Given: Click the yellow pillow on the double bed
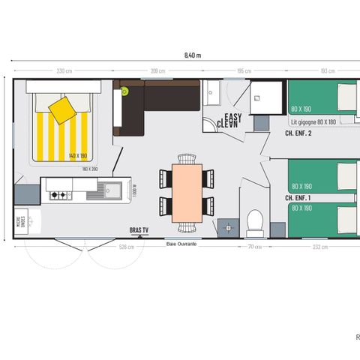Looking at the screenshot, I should point(61,109).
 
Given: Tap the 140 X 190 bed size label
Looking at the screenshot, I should point(78,155).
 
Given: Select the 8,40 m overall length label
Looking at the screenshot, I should point(193,55).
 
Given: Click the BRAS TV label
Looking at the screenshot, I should point(137,230).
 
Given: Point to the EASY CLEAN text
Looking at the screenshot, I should point(228,120).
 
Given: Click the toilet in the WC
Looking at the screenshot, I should point(255,222).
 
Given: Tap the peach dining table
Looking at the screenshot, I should point(187,192).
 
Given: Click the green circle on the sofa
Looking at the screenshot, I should point(125,91).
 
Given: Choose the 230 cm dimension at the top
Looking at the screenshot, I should point(64,71).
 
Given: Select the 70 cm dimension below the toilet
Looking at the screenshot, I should point(255,245).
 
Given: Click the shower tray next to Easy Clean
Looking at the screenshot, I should point(264,96).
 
